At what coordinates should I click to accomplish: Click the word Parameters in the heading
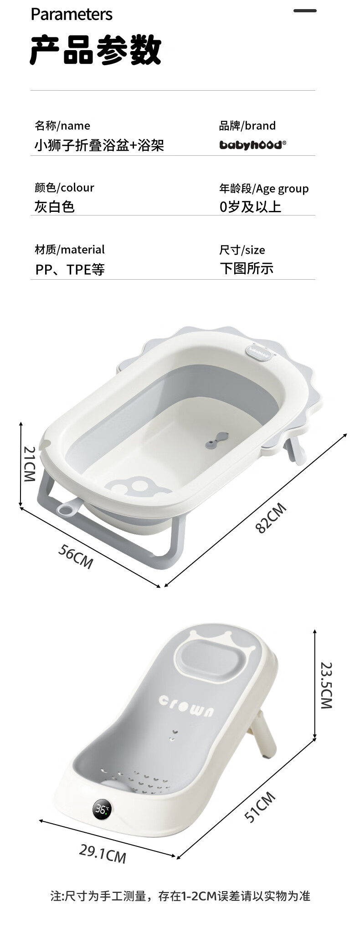pyautogui.click(x=72, y=15)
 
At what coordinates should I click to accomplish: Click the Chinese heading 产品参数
pyautogui.click(x=96, y=50)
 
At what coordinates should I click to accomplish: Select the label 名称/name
pyautogui.click(x=62, y=126)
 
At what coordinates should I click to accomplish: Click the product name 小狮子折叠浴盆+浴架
pyautogui.click(x=99, y=145)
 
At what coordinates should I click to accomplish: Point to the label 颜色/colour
pyautogui.click(x=64, y=188)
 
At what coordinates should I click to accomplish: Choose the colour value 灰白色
pyautogui.click(x=54, y=207)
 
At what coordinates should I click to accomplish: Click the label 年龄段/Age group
pyautogui.click(x=264, y=189)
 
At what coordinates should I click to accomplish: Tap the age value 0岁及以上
pyautogui.click(x=250, y=207)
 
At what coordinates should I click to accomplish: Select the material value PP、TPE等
pyautogui.click(x=70, y=270)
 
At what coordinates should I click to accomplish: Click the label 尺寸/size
pyautogui.click(x=242, y=250)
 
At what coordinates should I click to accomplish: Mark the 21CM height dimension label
pyautogui.click(x=29, y=464)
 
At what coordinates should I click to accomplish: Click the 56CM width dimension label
pyautogui.click(x=76, y=556)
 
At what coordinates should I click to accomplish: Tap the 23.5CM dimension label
pyautogui.click(x=326, y=685)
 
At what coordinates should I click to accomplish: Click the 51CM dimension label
pyautogui.click(x=260, y=807)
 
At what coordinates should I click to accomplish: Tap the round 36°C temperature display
pyautogui.click(x=102, y=809)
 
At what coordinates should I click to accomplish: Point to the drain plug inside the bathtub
pyautogui.click(x=216, y=439)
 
